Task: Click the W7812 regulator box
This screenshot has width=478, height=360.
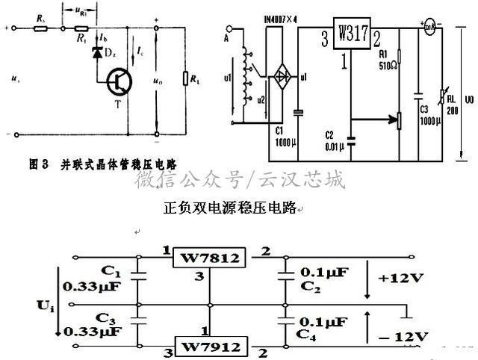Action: [x=209, y=259]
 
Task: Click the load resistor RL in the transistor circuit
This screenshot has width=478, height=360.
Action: [x=186, y=79]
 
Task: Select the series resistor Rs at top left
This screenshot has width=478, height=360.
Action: [x=40, y=29]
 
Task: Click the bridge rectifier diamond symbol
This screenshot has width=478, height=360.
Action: [x=282, y=76]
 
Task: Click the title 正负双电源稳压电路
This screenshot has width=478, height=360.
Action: [x=229, y=209]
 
